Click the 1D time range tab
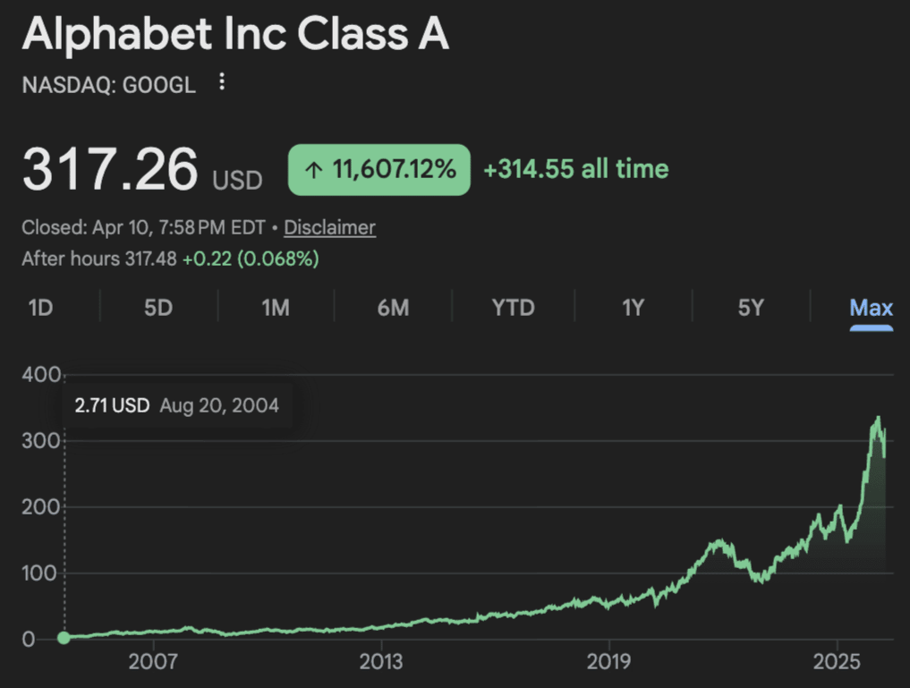pos(40,308)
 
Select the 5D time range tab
pos(157,308)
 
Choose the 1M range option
pos(275,308)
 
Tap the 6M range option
pos(393,308)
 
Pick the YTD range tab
pos(514,308)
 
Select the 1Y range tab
pos(633,308)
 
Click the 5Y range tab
pos(751,308)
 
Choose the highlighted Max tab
pos(871,308)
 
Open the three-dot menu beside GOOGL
pos(222,83)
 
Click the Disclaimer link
pos(329,227)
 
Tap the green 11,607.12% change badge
pos(378,169)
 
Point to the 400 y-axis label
pos(41,374)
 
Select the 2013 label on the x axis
pos(381,663)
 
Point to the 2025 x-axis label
pos(837,663)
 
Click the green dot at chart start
pos(64,638)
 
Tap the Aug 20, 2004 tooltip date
pos(219,405)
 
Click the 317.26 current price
pos(109,169)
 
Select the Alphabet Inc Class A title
pos(235,35)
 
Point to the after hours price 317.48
pos(151,259)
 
